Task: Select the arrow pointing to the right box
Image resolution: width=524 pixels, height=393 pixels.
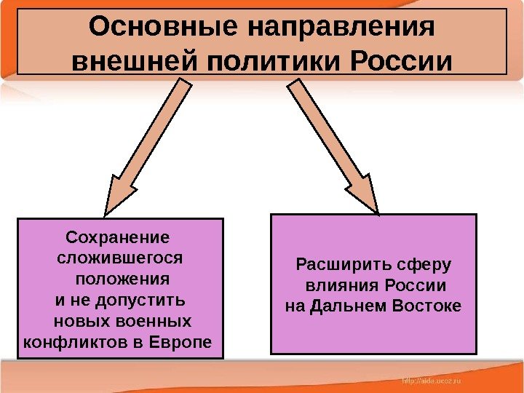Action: [336, 146]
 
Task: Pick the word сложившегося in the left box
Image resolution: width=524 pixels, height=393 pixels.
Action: [121, 258]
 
